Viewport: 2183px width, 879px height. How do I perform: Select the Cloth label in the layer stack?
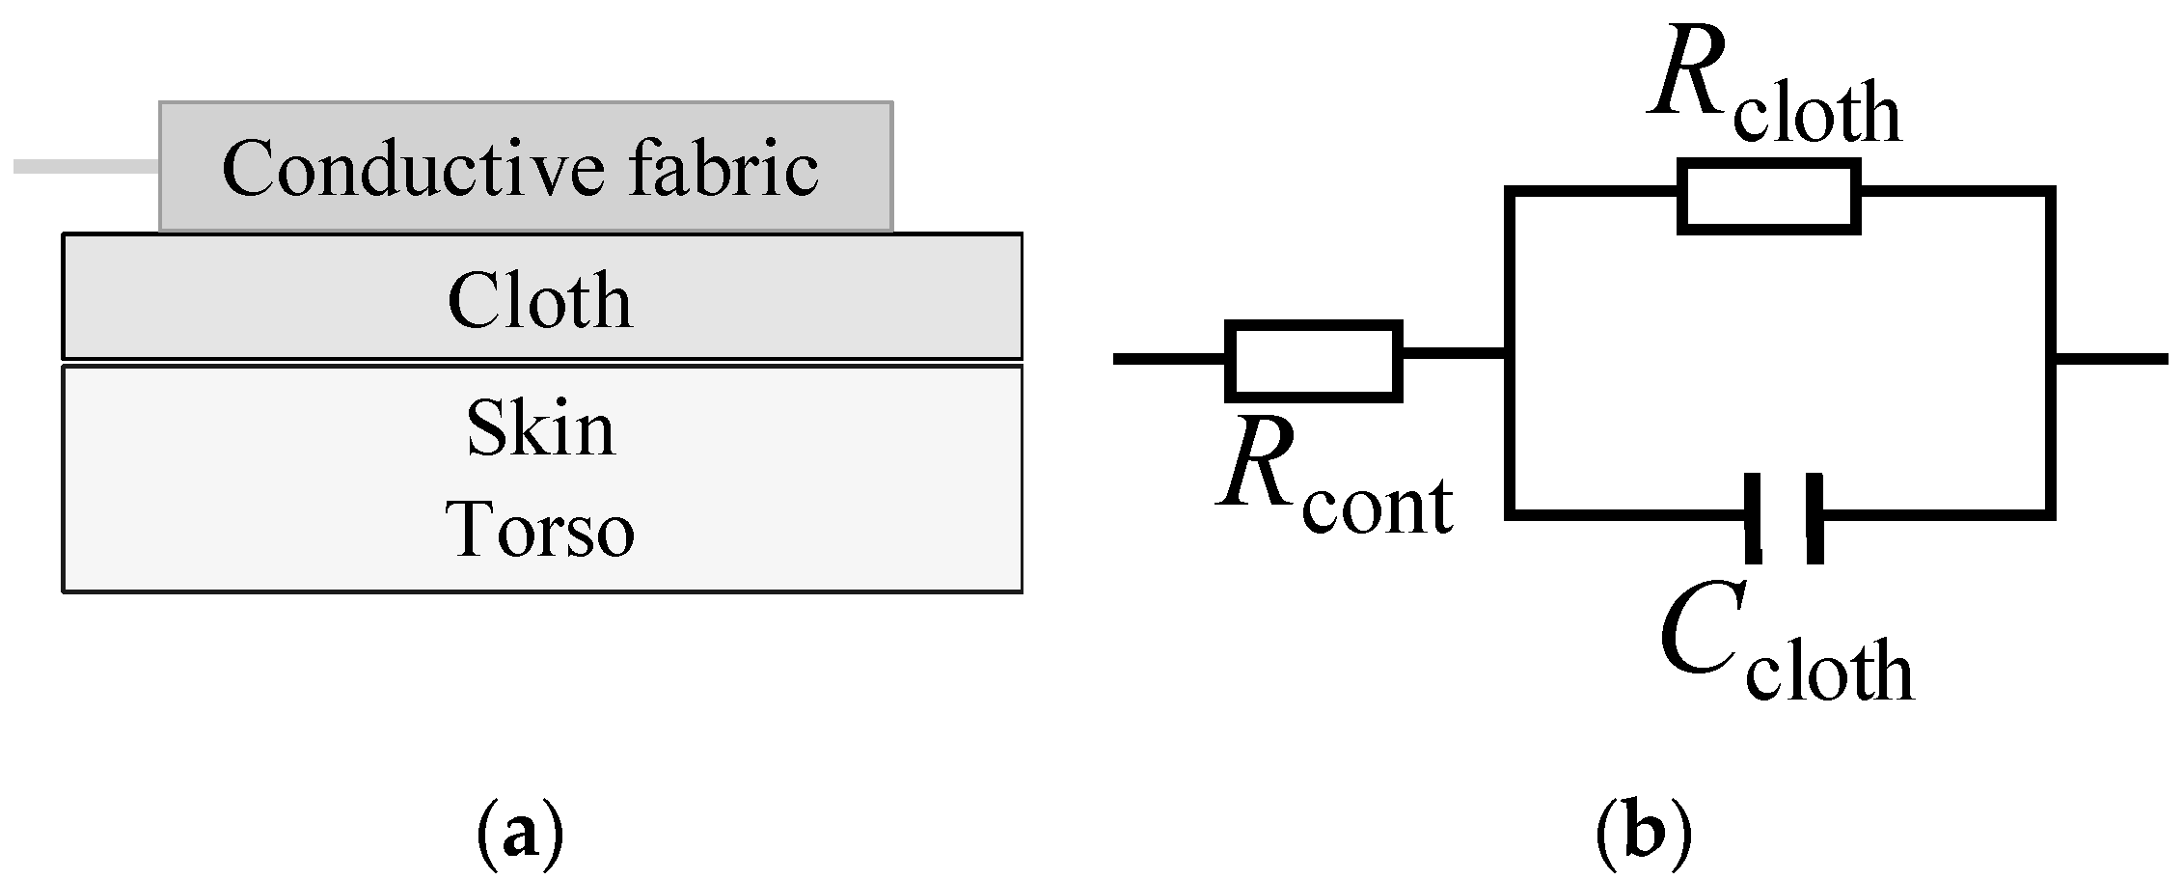[x=539, y=300]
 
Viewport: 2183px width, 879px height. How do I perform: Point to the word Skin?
[x=540, y=428]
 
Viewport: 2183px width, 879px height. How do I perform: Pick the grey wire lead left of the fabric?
[x=85, y=167]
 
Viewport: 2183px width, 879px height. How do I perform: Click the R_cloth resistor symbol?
[x=1768, y=197]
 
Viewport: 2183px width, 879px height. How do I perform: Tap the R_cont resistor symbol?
[x=1313, y=360]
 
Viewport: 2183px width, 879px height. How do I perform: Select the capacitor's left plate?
[x=1754, y=517]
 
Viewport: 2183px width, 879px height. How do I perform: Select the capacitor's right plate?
[x=1814, y=517]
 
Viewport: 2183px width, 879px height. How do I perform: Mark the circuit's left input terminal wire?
[x=1167, y=359]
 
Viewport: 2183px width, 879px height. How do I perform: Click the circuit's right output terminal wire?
[x=2113, y=359]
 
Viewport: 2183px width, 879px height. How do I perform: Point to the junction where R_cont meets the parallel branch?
[x=1510, y=358]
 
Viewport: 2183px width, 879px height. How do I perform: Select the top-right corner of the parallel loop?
[x=2049, y=193]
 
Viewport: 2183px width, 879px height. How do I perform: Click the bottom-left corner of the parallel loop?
[x=1511, y=514]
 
